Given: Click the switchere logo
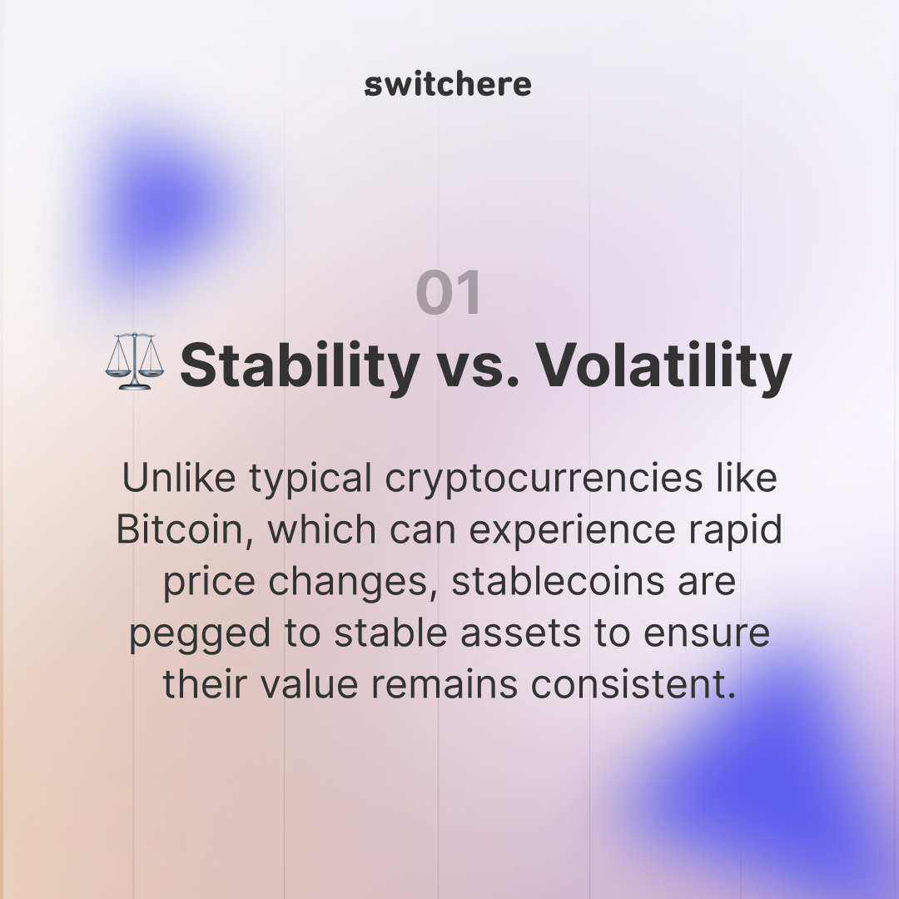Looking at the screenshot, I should tap(448, 84).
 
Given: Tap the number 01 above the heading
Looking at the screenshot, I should tap(449, 293).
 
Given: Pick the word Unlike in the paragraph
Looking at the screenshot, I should tap(170, 478).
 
